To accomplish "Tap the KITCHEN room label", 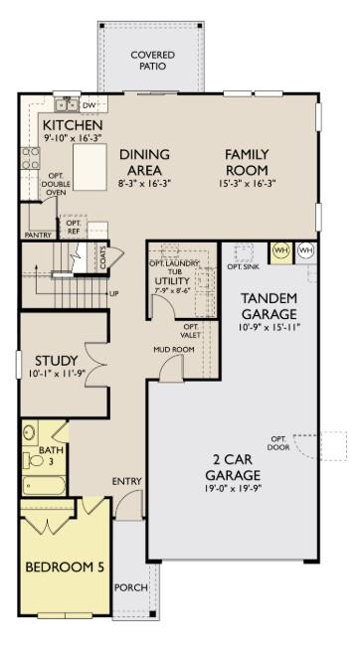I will pyautogui.click(x=72, y=125).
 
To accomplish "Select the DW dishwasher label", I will pyautogui.click(x=89, y=104).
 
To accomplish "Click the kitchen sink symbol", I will pyautogui.click(x=67, y=103).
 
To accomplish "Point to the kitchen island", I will pyautogui.click(x=89, y=165).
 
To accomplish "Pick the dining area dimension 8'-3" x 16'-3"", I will pyautogui.click(x=144, y=184).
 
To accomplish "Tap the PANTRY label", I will pyautogui.click(x=37, y=236).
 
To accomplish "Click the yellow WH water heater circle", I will pyautogui.click(x=280, y=250).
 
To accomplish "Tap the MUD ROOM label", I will pyautogui.click(x=172, y=350).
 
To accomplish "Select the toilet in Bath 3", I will pyautogui.click(x=31, y=434).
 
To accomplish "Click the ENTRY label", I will pyautogui.click(x=126, y=482).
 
